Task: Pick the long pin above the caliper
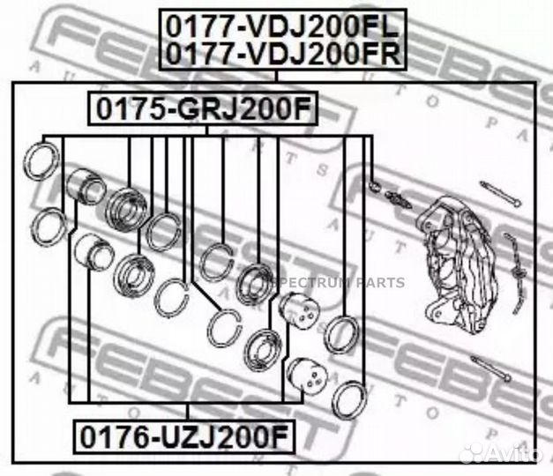[x=500, y=195]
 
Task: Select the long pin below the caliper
[x=491, y=369]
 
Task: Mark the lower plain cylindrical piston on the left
[x=93, y=254]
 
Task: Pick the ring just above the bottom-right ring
[x=340, y=335]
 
